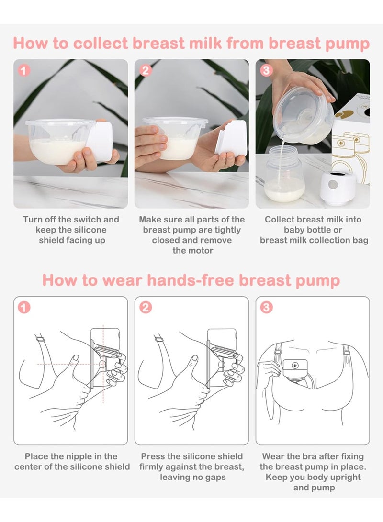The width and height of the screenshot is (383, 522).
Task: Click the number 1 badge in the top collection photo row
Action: pyautogui.click(x=23, y=71)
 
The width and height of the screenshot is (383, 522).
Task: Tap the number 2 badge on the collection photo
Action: pyautogui.click(x=146, y=71)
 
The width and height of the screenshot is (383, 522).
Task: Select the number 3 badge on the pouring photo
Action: pyautogui.click(x=266, y=71)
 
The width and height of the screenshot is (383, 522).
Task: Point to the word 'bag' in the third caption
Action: pyautogui.click(x=360, y=241)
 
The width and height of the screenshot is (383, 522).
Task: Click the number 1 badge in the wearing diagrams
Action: pyautogui.click(x=23, y=307)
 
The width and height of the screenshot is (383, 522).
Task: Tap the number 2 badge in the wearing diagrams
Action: pyautogui.click(x=146, y=307)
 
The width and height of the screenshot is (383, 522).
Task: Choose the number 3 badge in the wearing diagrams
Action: pyautogui.click(x=266, y=307)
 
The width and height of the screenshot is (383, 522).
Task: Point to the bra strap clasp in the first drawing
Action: pyautogui.click(x=40, y=339)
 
